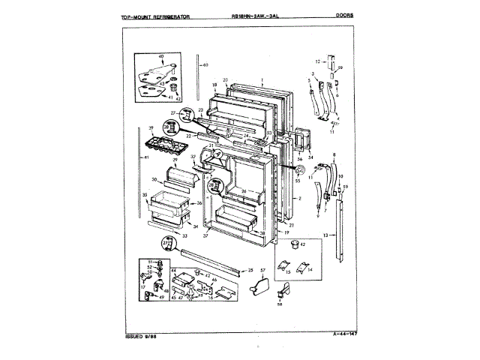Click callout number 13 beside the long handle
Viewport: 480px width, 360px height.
click(325, 235)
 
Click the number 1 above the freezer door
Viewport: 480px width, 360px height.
click(262, 80)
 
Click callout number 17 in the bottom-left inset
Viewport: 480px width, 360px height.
click(142, 286)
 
